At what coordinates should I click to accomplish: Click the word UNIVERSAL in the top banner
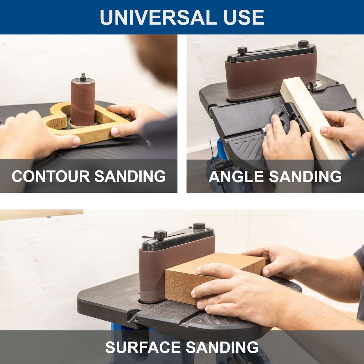point(154,17)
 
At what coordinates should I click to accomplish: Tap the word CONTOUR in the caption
point(51,176)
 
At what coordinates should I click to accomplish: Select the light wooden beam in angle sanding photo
point(312,118)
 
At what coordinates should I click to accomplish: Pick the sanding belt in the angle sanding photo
point(267,76)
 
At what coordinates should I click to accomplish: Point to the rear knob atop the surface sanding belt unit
point(199,226)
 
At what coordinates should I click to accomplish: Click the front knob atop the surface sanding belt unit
point(160,234)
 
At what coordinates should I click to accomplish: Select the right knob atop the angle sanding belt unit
point(303,43)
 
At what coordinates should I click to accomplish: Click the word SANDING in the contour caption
point(130,176)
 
